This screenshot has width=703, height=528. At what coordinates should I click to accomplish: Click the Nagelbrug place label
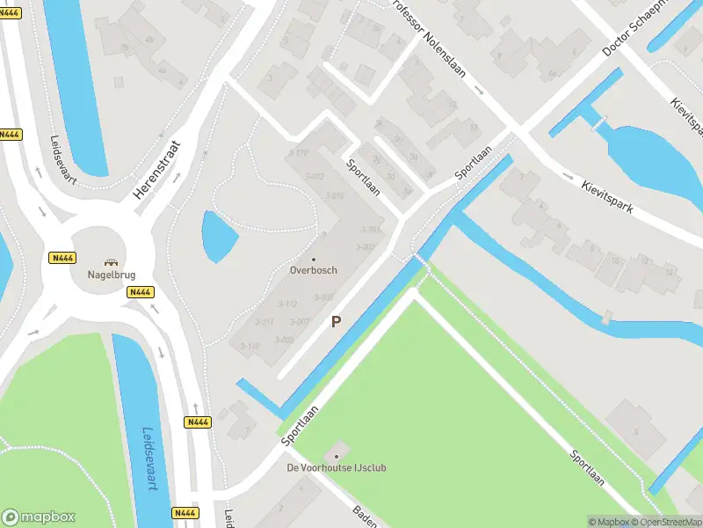pyautogui.click(x=111, y=274)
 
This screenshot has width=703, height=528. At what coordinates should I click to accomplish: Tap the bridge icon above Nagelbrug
pyautogui.click(x=111, y=261)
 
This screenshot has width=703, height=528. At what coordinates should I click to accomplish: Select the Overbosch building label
pyautogui.click(x=313, y=270)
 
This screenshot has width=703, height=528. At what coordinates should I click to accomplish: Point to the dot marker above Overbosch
pyautogui.click(x=313, y=259)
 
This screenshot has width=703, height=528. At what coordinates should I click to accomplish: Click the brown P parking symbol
pyautogui.click(x=336, y=322)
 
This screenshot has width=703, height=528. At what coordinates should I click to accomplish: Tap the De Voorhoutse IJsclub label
pyautogui.click(x=337, y=468)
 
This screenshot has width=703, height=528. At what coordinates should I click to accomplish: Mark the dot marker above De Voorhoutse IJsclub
pyautogui.click(x=336, y=456)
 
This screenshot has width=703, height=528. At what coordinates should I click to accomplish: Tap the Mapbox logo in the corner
pyautogui.click(x=40, y=517)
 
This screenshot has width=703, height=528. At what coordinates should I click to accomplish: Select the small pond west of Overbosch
pyautogui.click(x=217, y=236)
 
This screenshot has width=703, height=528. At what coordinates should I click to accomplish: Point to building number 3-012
pyautogui.click(x=314, y=177)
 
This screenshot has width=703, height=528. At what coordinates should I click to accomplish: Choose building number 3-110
pyautogui.click(x=250, y=347)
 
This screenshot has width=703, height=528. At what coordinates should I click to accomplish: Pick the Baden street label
pyautogui.click(x=365, y=516)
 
